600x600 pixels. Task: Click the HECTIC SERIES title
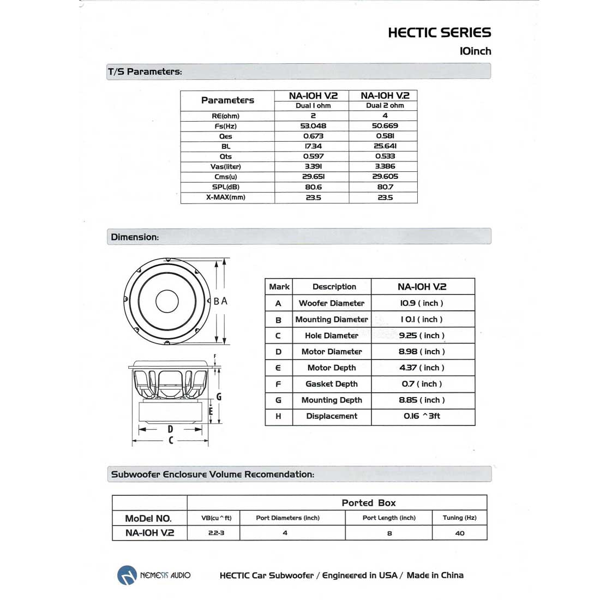pos(439,33)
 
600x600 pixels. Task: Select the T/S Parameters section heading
pos(145,71)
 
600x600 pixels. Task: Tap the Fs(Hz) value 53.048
pos(313,125)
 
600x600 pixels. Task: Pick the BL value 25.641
pos(385,146)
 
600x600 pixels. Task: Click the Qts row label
pos(226,157)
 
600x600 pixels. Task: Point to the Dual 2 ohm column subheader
pos(385,106)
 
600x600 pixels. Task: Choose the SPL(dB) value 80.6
pos(313,187)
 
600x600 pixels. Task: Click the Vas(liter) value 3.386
pos(385,166)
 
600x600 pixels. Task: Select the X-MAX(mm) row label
pos(226,197)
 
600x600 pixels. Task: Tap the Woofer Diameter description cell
pos(332,303)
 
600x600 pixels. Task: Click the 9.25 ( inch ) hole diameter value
pos(422,335)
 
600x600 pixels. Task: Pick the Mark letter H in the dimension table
pos(278,416)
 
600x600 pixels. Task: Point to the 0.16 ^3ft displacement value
pos(422,416)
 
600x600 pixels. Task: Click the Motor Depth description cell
pos(332,368)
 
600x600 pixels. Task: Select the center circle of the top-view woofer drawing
pos(167,301)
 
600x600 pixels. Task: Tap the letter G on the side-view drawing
pos(219,397)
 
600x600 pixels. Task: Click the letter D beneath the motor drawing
pos(170,429)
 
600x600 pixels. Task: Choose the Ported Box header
pos(369,503)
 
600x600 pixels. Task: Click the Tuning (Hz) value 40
pos(459,533)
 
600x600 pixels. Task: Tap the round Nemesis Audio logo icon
pos(127,575)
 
